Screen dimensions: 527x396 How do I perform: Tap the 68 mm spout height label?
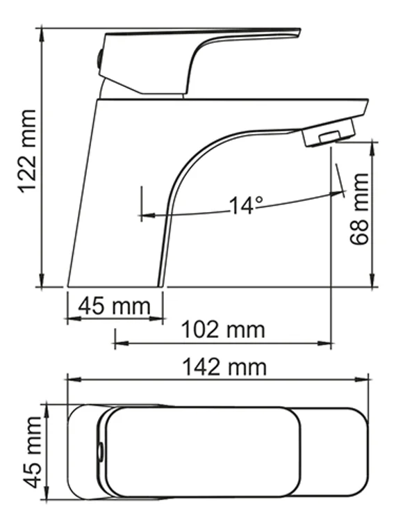click(x=361, y=209)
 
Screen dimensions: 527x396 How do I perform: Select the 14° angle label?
click(x=247, y=205)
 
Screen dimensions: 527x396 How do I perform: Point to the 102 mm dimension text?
click(x=223, y=329)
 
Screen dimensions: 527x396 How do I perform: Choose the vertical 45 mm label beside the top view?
click(x=31, y=452)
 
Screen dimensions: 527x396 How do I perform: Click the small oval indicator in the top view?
click(x=101, y=453)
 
